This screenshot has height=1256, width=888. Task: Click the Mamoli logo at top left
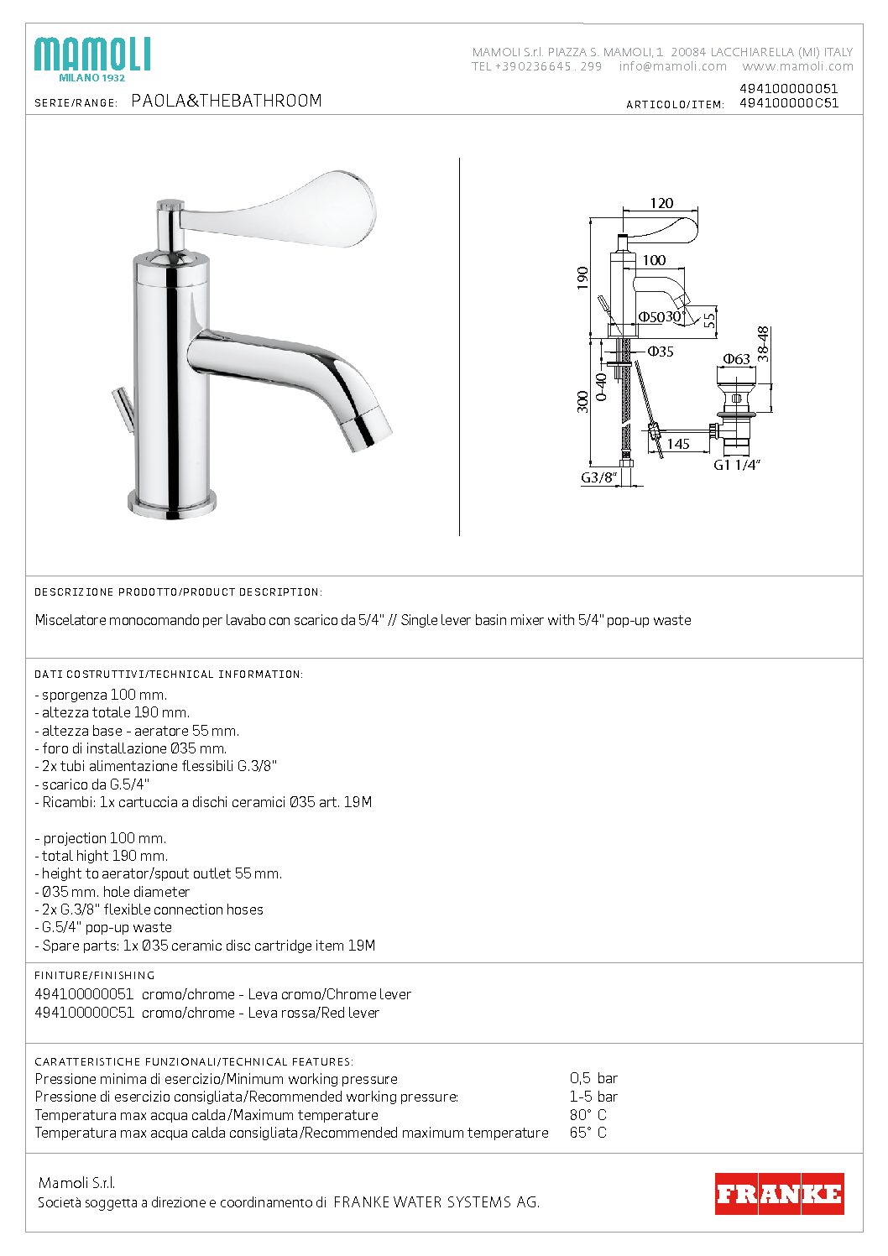point(92,58)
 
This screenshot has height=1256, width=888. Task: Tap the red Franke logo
point(779,1193)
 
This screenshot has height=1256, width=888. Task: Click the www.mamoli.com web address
point(797,66)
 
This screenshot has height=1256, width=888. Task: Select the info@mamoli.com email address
point(673,66)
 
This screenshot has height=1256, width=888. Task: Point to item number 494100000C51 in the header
point(788,103)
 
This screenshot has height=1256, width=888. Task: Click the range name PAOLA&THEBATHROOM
point(227,101)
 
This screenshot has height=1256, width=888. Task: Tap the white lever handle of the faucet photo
point(294,206)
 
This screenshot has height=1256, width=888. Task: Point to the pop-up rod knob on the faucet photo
point(118,394)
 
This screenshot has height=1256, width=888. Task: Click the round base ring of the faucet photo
point(173,503)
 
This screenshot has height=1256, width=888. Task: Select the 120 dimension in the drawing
point(661,203)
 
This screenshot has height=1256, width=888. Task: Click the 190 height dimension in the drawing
point(583,278)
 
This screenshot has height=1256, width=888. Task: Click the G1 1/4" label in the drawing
point(736,466)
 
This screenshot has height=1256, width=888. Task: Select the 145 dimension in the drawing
point(678,444)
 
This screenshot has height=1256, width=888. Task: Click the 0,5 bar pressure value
point(593,1078)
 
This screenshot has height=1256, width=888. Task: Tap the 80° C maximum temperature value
point(588,1115)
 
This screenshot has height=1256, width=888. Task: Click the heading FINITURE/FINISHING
point(95,975)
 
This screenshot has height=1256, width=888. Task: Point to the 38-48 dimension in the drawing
point(762,344)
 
